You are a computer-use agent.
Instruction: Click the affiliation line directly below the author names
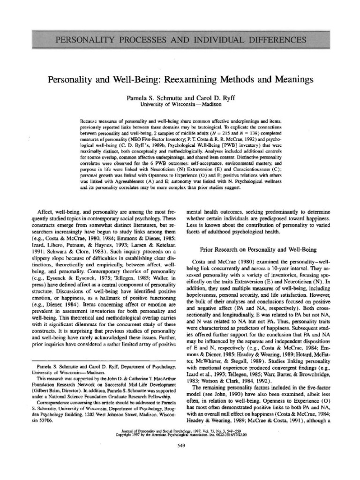[180, 105]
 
